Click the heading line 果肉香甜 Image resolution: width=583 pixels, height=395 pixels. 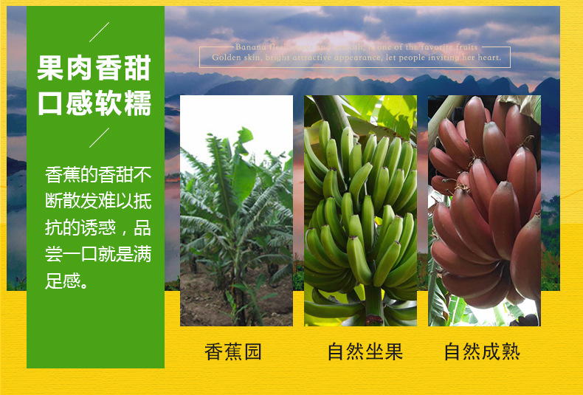click(x=94, y=69)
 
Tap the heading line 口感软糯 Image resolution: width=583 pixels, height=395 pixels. click(x=94, y=103)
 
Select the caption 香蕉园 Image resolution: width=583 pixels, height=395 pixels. click(x=233, y=351)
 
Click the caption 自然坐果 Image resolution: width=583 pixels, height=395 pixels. click(x=365, y=351)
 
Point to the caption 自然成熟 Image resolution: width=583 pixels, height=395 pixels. click(x=482, y=351)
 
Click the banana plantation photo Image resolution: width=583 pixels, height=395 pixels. click(x=236, y=210)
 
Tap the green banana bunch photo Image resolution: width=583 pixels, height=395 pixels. click(x=360, y=210)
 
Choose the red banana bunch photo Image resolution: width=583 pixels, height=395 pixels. click(x=484, y=210)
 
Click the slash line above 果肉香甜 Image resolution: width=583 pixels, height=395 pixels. click(x=99, y=32)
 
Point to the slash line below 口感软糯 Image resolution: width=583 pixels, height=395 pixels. click(x=99, y=138)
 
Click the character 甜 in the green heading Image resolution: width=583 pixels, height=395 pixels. click(x=137, y=69)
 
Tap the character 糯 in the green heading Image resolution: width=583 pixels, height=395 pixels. click(x=137, y=103)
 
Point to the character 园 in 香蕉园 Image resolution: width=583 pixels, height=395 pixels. click(x=252, y=351)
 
